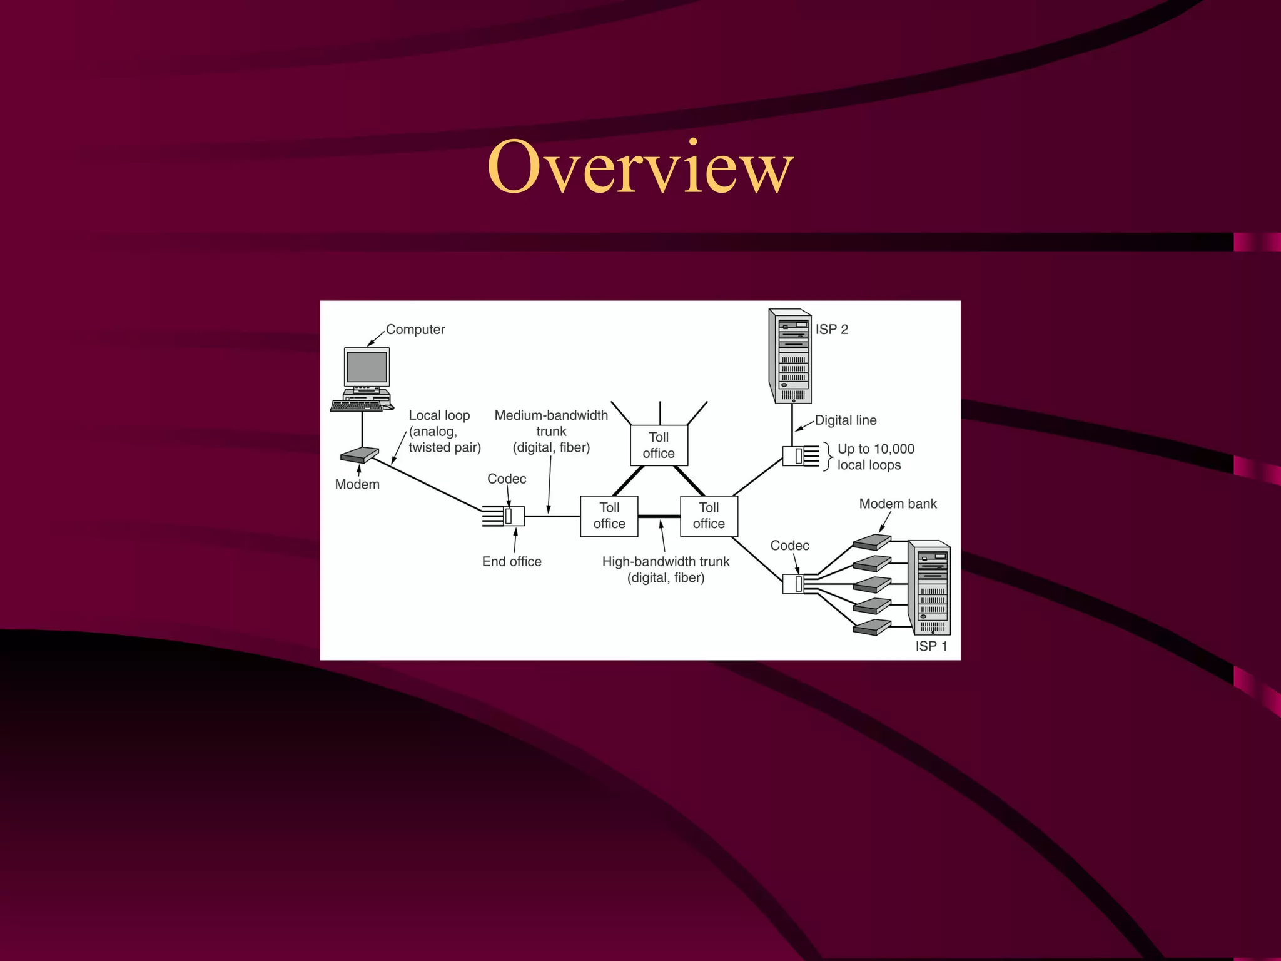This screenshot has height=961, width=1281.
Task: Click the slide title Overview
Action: [x=640, y=167]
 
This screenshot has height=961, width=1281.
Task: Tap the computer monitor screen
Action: [x=367, y=367]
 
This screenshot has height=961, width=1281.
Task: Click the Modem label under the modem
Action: [x=357, y=484]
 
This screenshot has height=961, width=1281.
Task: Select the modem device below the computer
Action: [x=360, y=455]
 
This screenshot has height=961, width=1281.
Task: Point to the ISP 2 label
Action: [x=831, y=329]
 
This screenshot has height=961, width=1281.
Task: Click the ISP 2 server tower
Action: [x=791, y=356]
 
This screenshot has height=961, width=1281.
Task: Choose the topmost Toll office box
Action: [x=659, y=445]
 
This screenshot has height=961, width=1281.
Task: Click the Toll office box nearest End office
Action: [x=609, y=516]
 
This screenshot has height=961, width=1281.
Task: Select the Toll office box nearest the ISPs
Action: [x=709, y=516]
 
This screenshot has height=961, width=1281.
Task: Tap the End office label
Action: [x=512, y=561]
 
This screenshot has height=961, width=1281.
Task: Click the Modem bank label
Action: [x=898, y=504]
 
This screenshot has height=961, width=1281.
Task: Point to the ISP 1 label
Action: [x=931, y=646]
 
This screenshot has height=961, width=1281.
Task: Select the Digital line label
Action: [x=845, y=420]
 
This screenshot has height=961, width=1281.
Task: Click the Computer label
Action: [x=415, y=329]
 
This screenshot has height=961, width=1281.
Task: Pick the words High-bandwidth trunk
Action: [x=666, y=561]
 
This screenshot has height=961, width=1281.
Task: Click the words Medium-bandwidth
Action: [x=551, y=415]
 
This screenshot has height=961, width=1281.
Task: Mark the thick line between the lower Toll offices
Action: [x=659, y=516]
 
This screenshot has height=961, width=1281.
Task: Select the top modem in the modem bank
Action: [x=872, y=542]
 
